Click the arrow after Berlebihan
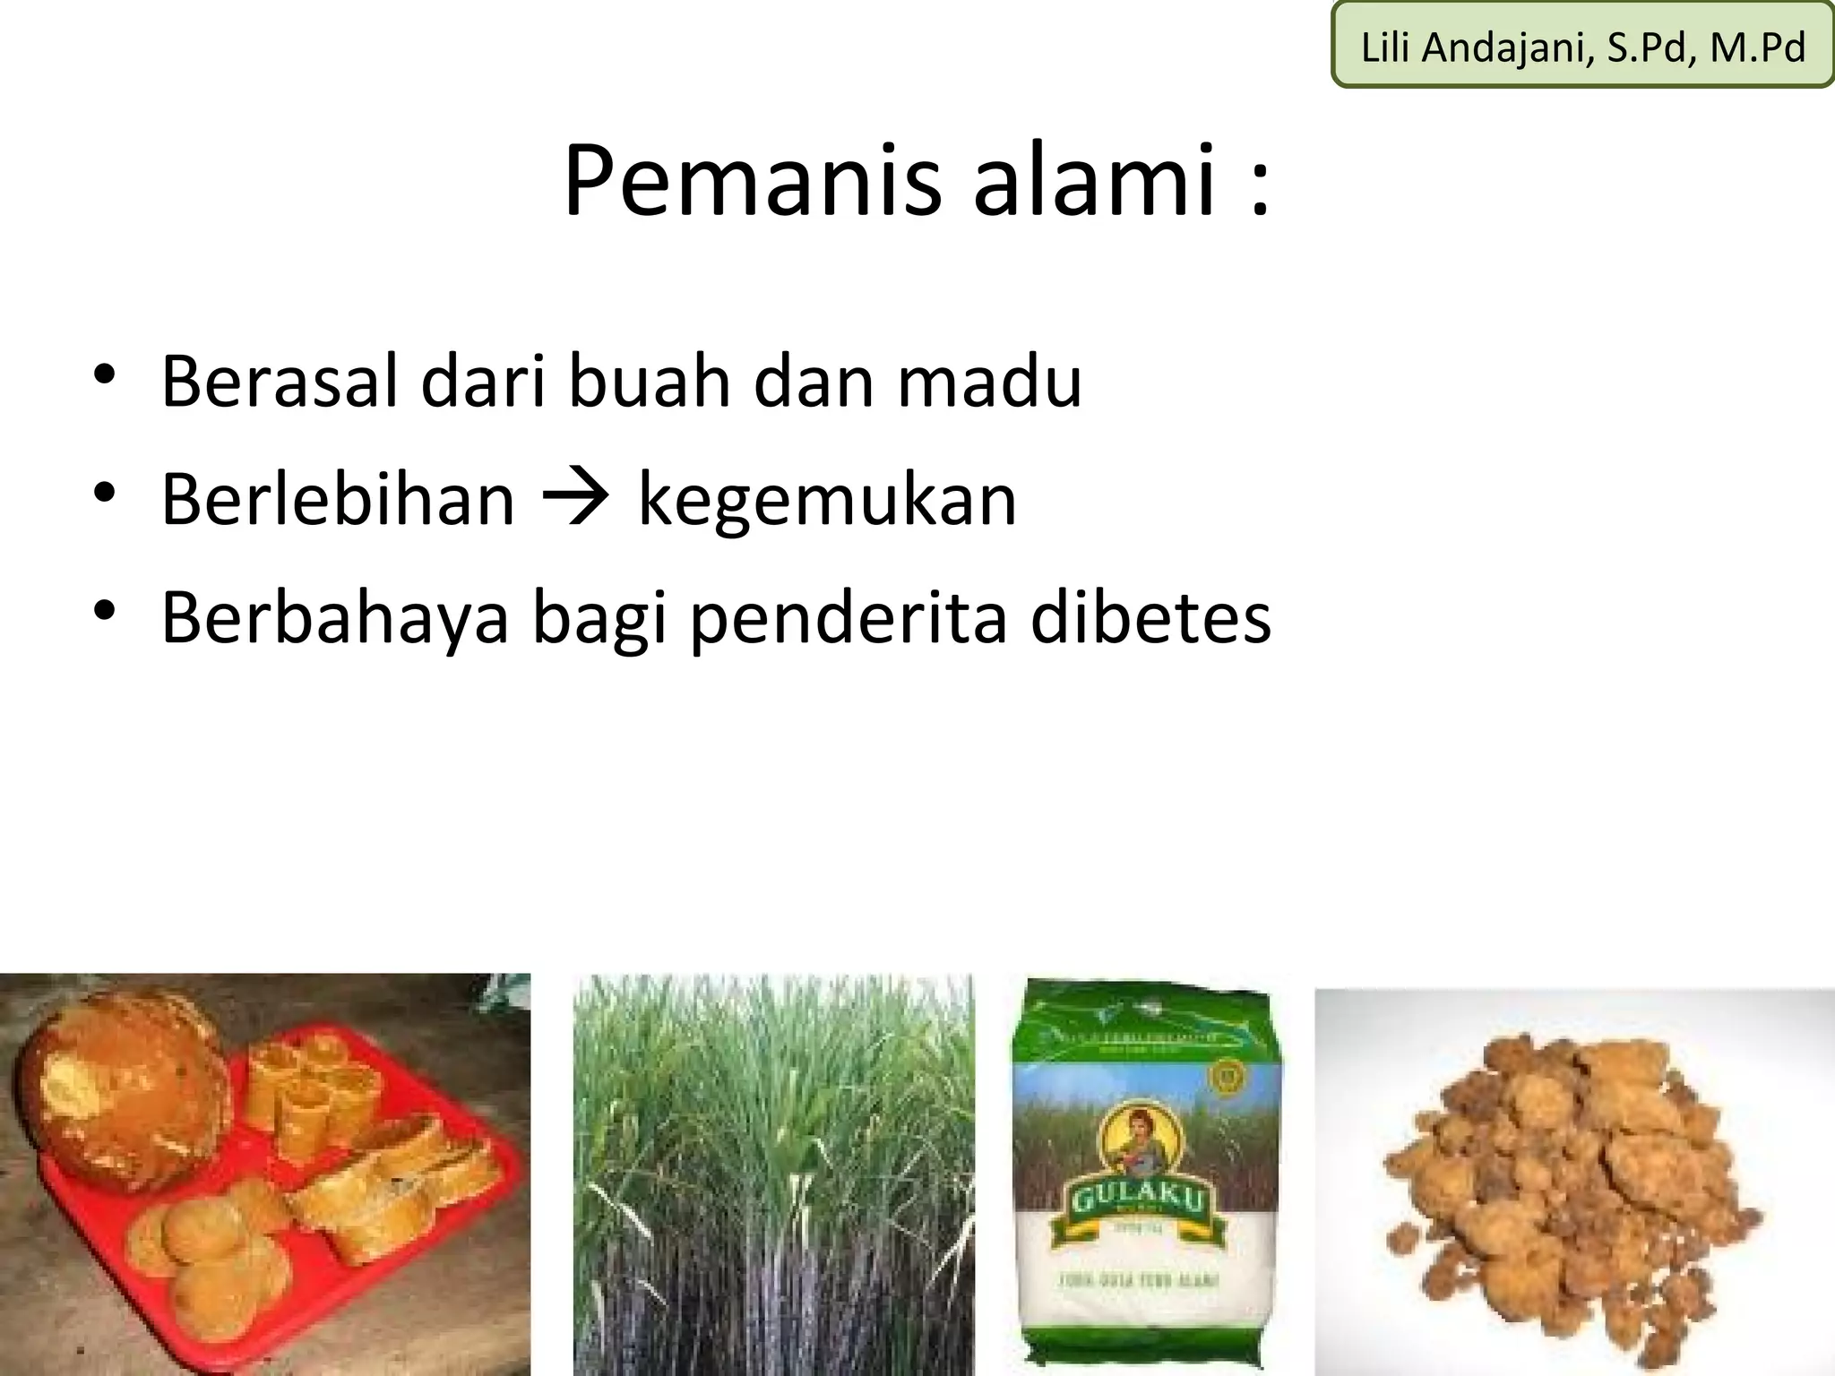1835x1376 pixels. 576,498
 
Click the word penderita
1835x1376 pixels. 849,619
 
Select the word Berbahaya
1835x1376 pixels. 334,619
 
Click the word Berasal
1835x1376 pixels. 280,383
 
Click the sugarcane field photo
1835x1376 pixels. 773,1174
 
